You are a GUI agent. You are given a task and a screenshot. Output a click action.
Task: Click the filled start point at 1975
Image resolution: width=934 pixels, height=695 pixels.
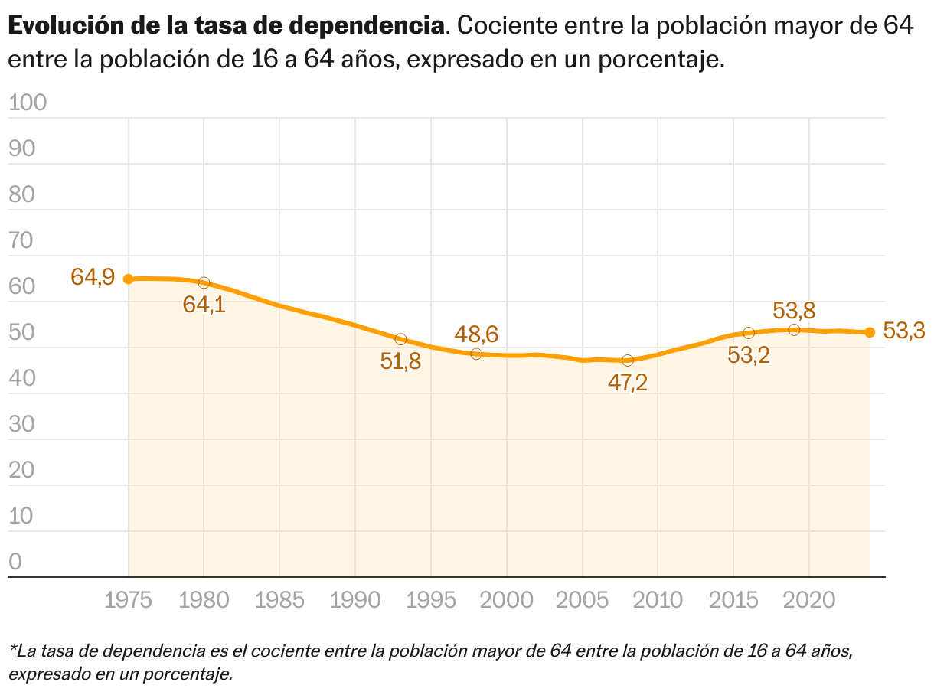point(129,279)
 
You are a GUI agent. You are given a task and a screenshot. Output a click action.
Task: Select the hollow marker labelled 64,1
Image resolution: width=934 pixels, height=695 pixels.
point(204,283)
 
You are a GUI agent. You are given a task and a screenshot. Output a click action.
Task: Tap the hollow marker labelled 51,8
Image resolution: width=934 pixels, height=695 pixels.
point(400,339)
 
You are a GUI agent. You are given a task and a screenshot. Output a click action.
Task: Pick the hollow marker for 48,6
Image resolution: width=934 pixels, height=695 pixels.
point(476,354)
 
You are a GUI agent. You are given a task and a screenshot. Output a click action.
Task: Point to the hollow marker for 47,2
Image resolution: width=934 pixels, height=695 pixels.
point(628,360)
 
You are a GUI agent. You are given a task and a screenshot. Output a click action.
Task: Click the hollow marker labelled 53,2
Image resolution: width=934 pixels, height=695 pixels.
point(749,333)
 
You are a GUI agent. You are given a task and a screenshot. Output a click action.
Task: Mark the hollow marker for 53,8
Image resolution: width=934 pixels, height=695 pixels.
point(794,330)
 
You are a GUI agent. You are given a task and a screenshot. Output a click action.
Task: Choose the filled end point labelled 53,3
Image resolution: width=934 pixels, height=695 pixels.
point(870,332)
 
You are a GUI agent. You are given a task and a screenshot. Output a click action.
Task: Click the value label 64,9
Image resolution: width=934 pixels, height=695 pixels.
point(93,277)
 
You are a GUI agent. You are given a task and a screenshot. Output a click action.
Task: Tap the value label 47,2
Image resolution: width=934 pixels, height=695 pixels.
point(628,383)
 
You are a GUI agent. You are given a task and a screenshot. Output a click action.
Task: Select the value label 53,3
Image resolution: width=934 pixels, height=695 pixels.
point(904,331)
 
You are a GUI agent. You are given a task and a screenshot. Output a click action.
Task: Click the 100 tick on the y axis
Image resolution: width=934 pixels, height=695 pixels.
point(28,103)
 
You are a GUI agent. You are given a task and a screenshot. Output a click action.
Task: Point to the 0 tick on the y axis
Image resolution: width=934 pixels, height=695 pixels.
point(16,563)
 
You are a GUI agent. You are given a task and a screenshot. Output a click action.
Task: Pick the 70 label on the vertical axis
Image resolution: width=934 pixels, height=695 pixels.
point(22,241)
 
